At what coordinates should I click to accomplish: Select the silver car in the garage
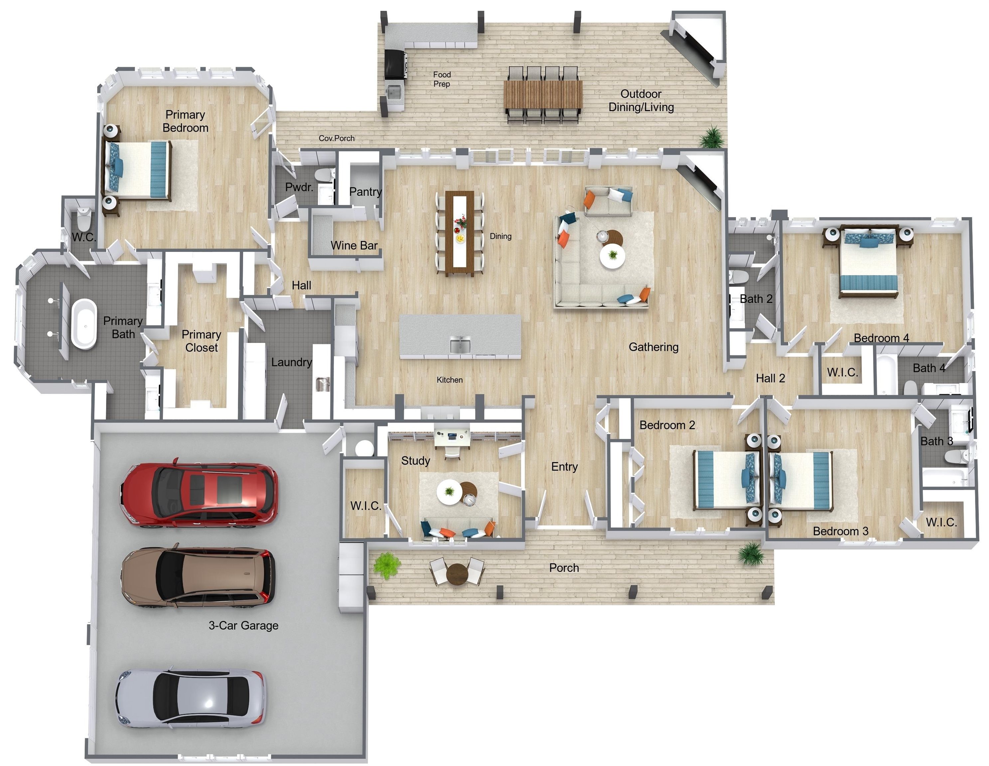[191, 698]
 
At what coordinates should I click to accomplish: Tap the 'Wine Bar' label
[354, 245]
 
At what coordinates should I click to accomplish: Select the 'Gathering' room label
[653, 347]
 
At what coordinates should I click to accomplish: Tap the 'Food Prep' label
[442, 79]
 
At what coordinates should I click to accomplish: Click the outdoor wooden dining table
[543, 95]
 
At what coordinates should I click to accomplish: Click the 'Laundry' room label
[291, 362]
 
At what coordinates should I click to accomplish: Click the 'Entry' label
[564, 467]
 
